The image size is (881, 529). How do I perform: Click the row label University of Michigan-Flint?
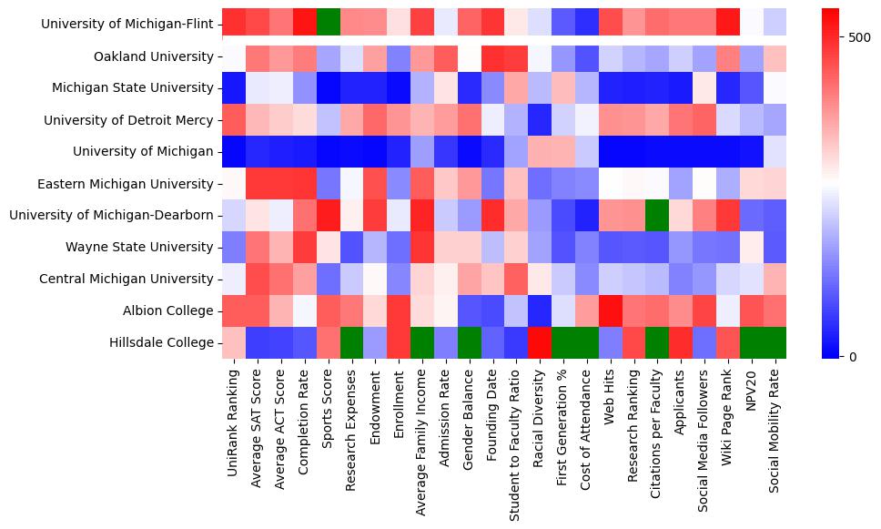click(127, 25)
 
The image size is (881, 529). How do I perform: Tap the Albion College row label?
click(168, 310)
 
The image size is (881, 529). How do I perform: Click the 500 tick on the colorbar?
click(859, 38)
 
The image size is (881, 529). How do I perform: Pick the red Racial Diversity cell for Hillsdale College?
click(540, 342)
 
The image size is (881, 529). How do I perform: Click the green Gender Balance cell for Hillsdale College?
click(469, 342)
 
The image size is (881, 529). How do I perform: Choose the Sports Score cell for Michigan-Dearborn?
click(328, 215)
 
